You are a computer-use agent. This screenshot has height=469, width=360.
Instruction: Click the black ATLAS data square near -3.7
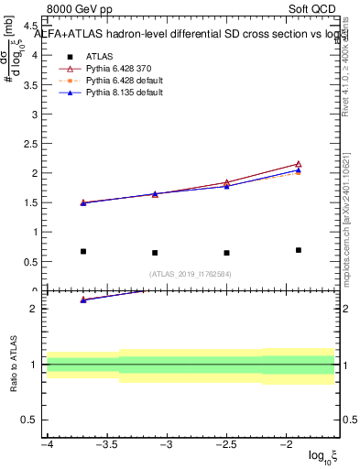(x=83, y=251)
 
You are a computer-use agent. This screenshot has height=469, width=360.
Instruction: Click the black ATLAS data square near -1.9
(x=299, y=250)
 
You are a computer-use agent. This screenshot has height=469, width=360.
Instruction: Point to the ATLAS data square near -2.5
(x=226, y=253)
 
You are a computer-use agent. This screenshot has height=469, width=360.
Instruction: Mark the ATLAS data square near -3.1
(x=155, y=253)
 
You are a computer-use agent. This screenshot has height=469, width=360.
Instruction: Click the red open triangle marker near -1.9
(x=299, y=164)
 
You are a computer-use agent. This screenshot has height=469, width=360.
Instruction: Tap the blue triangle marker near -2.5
(x=226, y=185)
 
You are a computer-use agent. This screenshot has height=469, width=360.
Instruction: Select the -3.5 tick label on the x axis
(x=106, y=444)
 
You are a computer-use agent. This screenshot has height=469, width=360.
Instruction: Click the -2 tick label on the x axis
(x=287, y=444)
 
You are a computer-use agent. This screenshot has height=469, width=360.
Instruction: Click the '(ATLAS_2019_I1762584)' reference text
(x=191, y=273)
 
